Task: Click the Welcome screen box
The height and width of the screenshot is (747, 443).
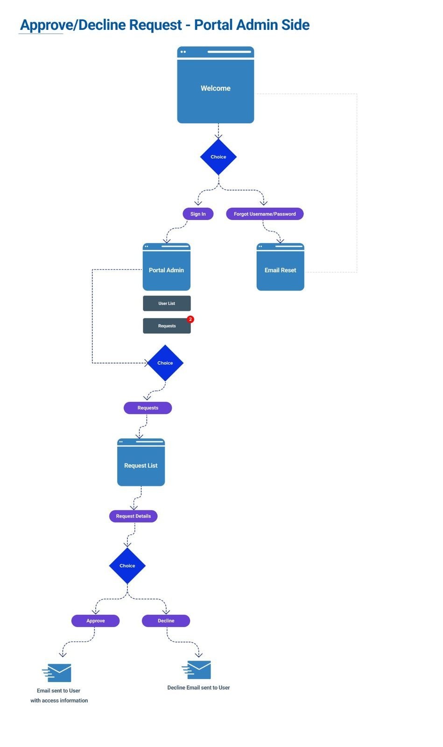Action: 215,88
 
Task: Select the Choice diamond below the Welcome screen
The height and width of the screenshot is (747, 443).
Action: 218,157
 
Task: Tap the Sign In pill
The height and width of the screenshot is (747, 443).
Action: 198,214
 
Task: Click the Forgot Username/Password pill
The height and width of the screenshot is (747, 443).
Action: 265,214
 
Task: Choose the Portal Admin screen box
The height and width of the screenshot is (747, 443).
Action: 166,269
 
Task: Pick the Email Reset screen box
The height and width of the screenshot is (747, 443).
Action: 280,269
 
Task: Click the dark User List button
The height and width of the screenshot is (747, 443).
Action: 167,303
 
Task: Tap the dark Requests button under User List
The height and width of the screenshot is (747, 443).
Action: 167,326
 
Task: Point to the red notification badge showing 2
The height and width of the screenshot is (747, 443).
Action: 190,319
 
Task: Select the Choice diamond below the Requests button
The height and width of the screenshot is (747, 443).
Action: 165,363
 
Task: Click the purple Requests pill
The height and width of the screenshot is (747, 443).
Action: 148,408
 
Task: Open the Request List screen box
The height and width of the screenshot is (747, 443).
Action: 141,465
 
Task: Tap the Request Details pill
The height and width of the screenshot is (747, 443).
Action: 133,516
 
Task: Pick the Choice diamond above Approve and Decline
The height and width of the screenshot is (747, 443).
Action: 127,565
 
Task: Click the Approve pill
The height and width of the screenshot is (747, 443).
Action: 95,620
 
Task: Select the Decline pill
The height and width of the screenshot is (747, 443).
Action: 166,620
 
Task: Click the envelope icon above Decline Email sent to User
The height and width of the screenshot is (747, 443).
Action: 197,670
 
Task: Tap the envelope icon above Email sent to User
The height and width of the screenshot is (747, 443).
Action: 57,673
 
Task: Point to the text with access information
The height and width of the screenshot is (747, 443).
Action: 59,700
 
